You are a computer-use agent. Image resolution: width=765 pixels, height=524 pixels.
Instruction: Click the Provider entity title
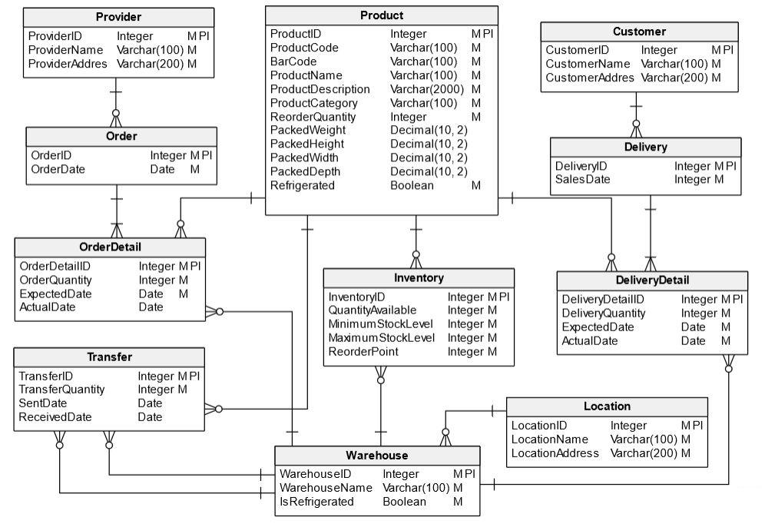click(x=118, y=17)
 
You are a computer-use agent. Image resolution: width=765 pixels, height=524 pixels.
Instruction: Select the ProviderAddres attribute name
click(x=68, y=64)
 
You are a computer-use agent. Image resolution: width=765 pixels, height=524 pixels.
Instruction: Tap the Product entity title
click(x=381, y=15)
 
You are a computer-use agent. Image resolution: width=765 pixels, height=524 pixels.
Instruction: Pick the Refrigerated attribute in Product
click(x=303, y=185)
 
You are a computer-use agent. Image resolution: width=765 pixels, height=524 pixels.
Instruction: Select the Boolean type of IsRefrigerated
click(x=404, y=502)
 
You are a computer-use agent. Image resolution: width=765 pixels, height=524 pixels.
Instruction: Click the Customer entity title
click(x=639, y=32)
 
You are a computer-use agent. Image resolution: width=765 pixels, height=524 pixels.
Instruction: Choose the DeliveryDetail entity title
click(x=652, y=280)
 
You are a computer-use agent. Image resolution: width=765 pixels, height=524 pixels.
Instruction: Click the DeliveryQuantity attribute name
click(x=604, y=313)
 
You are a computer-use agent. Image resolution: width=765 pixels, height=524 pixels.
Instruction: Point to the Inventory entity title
click(x=419, y=277)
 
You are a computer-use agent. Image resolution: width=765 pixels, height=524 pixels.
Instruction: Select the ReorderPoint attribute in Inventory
click(x=364, y=352)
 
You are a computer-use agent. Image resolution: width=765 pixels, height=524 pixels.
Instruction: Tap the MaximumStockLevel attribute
click(x=382, y=338)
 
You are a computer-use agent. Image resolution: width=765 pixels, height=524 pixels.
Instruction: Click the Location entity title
click(x=607, y=406)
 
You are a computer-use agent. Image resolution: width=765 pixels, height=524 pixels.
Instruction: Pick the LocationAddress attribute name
click(x=555, y=453)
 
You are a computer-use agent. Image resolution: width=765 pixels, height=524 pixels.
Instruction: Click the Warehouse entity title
click(x=376, y=455)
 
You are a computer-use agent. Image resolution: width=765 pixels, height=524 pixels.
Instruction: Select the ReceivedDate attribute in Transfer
click(x=55, y=417)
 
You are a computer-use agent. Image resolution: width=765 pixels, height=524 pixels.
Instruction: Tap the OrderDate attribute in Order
click(x=58, y=169)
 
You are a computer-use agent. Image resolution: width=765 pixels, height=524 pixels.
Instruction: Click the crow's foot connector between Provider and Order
click(x=116, y=118)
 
